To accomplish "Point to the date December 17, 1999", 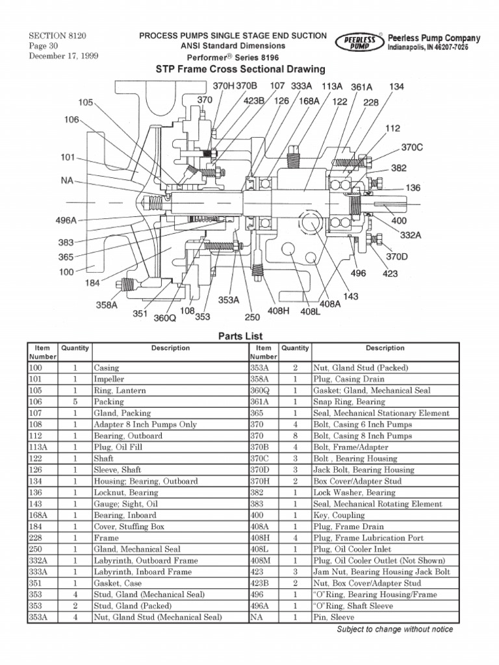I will (x=63, y=56).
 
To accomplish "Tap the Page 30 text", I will (x=44, y=47).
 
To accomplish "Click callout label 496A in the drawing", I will (x=66, y=221).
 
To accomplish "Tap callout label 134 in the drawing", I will (x=396, y=86).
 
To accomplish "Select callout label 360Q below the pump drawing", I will (x=164, y=318).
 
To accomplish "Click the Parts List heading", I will (x=240, y=336).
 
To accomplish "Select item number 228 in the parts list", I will (x=37, y=538).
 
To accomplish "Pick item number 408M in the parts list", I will (x=262, y=561).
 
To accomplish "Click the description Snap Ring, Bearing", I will (x=348, y=402).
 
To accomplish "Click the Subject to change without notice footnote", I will (x=394, y=630).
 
